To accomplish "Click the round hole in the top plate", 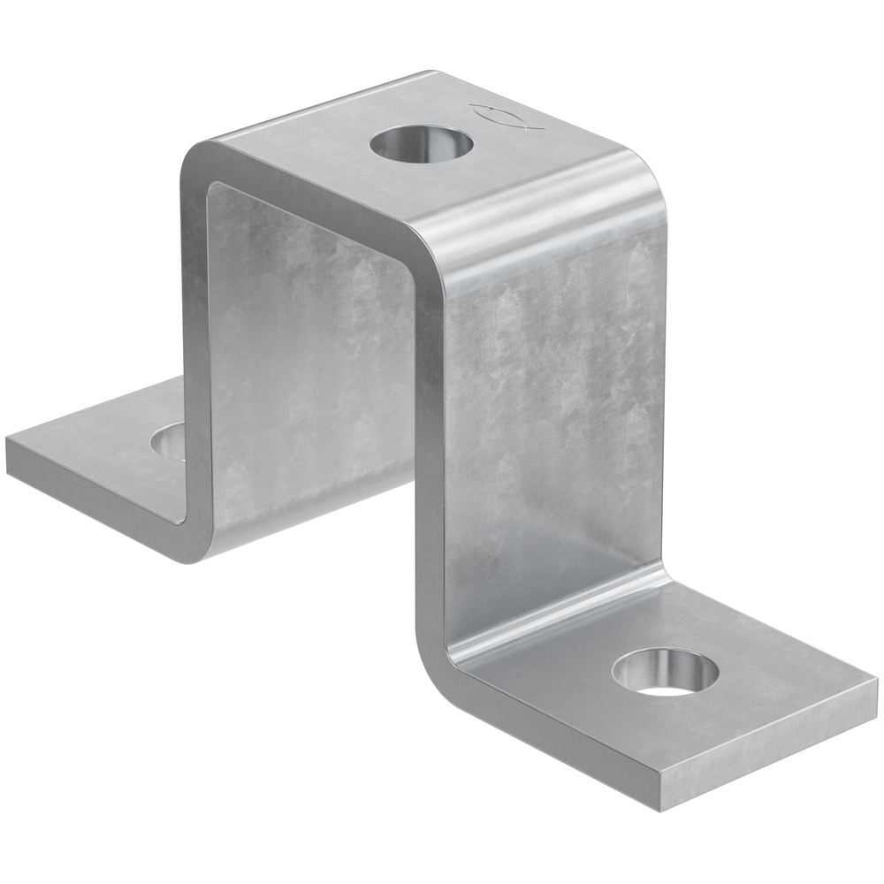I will (x=422, y=144).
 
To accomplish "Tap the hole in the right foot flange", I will (x=665, y=673).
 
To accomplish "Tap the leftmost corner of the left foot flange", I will (x=9, y=442).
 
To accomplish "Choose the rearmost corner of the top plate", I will (x=433, y=72).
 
